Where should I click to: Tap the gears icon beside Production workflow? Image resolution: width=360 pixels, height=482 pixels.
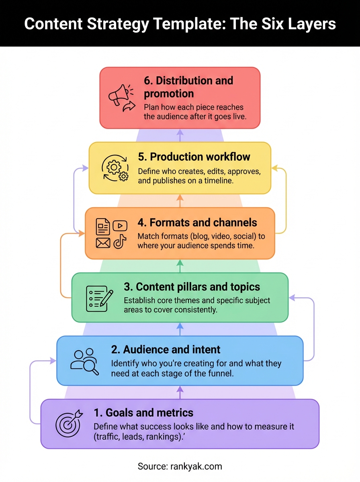pyautogui.click(x=115, y=168)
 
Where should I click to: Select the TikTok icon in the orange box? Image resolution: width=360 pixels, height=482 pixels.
pyautogui.click(x=120, y=242)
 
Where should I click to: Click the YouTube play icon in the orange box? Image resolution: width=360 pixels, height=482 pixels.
pyautogui.click(x=120, y=226)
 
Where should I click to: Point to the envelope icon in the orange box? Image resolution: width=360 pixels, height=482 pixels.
pyautogui.click(x=103, y=243)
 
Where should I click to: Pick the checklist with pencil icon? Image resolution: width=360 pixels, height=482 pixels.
pyautogui.click(x=97, y=298)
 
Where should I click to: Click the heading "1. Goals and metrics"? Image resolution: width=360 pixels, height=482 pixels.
pyautogui.click(x=143, y=413)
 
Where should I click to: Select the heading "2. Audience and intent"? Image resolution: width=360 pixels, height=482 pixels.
pyautogui.click(x=166, y=349)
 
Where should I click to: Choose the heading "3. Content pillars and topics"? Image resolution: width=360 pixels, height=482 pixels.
pyautogui.click(x=192, y=287)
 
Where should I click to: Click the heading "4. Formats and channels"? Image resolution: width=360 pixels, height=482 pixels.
pyautogui.click(x=197, y=223)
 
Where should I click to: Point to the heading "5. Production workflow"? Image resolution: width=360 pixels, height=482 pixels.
pyautogui.click(x=194, y=157)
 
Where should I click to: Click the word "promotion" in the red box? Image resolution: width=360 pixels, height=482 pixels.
pyautogui.click(x=169, y=94)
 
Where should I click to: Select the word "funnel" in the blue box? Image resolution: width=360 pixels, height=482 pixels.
pyautogui.click(x=219, y=373)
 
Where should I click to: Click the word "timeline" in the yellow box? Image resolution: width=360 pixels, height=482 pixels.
pyautogui.click(x=217, y=181)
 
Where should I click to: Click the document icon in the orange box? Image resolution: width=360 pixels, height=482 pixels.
pyautogui.click(x=103, y=227)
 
